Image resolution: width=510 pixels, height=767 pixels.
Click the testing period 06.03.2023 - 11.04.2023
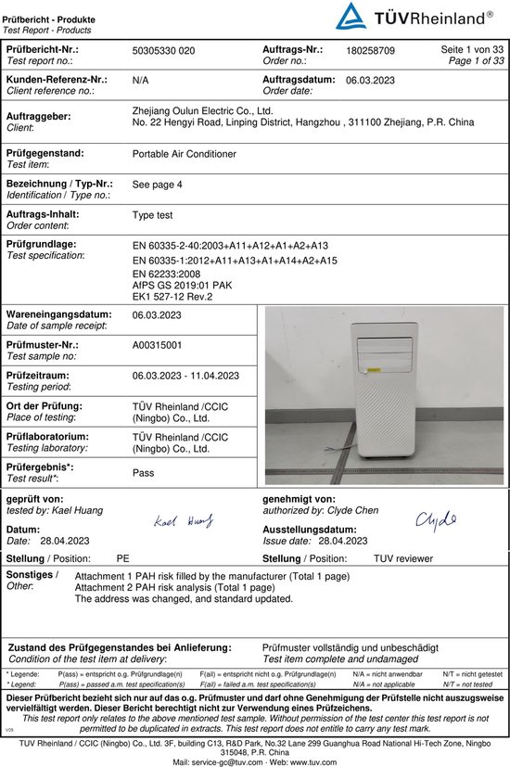(186, 376)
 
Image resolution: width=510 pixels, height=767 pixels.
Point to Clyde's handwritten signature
(436, 519)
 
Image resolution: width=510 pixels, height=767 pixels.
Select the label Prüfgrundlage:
(41, 244)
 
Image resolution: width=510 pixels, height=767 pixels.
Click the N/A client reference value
(141, 81)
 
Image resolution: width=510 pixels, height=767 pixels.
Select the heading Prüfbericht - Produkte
(45, 7)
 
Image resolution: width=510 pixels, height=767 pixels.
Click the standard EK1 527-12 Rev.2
(173, 297)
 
